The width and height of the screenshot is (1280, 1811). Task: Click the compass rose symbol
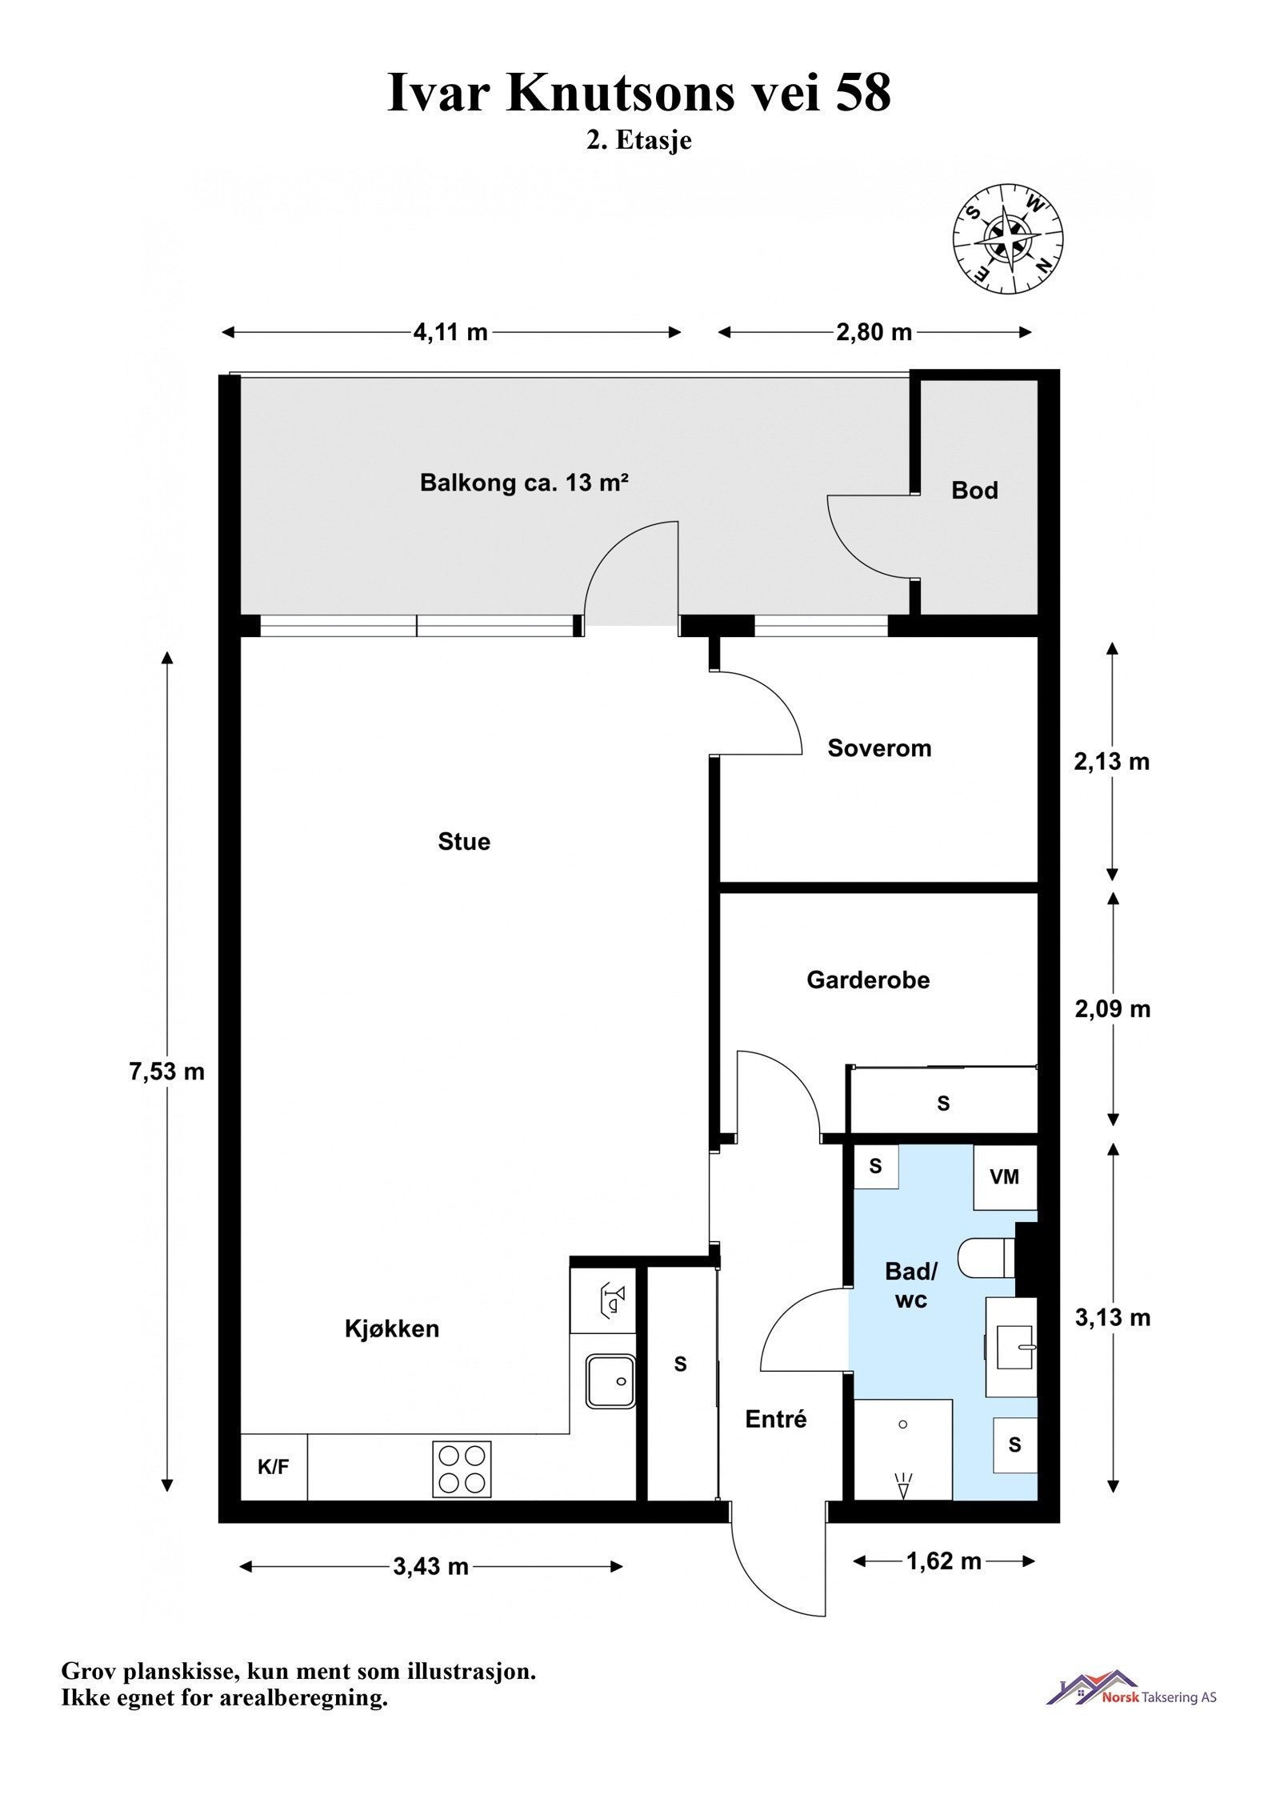(1007, 239)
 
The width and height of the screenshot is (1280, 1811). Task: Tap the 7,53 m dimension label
(166, 1072)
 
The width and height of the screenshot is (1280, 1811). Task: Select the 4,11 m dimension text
(450, 332)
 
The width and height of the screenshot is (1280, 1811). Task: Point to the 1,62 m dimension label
(943, 1561)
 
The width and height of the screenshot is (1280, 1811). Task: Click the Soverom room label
(878, 748)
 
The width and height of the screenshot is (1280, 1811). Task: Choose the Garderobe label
(868, 980)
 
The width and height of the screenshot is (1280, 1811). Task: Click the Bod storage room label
(974, 491)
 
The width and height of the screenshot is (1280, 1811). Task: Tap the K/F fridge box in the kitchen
(273, 1467)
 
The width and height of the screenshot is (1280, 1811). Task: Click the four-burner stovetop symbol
(462, 1468)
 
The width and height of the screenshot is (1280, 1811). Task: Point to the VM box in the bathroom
(1004, 1176)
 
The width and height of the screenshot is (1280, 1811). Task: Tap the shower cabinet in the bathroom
(902, 1448)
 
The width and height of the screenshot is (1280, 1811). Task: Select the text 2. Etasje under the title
(638, 140)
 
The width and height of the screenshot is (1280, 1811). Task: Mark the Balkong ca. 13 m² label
(524, 483)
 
